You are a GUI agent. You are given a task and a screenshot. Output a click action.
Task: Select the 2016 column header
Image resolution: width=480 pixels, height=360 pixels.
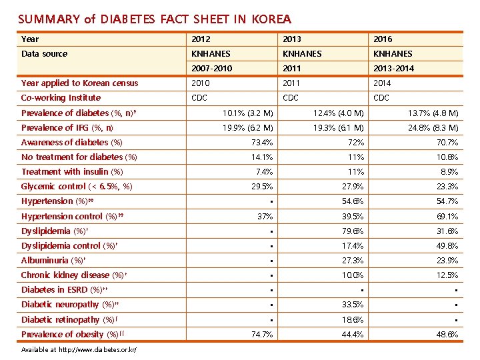point(383,39)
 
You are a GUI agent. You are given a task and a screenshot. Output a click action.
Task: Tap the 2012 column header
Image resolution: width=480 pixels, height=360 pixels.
point(201,39)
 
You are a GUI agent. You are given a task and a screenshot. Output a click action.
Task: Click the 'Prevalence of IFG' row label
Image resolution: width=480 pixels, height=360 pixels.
point(67,127)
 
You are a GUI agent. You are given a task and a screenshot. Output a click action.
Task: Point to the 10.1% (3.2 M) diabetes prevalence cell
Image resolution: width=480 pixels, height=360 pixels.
point(247,113)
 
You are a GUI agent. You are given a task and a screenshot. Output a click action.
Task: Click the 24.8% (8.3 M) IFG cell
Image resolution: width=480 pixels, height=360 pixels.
point(433,127)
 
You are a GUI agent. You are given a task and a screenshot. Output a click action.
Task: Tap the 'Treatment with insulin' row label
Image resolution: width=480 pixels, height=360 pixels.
point(72,171)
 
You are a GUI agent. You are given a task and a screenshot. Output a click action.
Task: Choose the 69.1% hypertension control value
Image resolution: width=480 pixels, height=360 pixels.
point(446,216)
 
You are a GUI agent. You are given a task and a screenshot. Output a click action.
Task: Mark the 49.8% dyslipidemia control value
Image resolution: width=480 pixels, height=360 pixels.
point(446,245)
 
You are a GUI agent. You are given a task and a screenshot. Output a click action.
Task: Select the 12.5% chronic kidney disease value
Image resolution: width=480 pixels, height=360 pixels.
point(446,275)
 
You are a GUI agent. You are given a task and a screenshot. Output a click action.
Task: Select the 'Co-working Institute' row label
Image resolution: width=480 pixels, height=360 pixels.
point(61,97)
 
